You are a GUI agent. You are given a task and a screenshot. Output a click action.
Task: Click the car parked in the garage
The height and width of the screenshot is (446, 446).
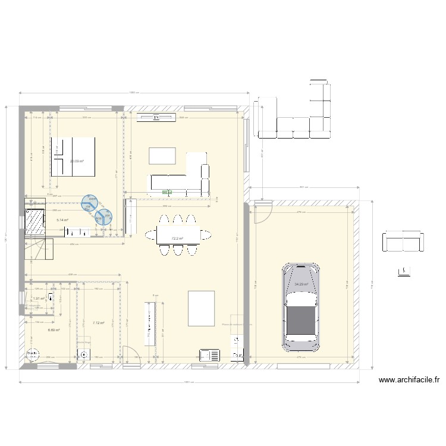[x=303, y=307]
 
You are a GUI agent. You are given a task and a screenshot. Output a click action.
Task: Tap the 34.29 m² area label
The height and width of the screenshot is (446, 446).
[x=302, y=284]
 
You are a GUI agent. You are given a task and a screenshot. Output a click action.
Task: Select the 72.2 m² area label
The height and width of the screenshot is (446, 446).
[x=177, y=239]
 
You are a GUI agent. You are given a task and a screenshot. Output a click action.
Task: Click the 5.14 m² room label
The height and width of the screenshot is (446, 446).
[x=62, y=220]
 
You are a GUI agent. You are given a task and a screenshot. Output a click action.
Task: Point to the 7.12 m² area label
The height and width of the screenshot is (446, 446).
[x=98, y=323]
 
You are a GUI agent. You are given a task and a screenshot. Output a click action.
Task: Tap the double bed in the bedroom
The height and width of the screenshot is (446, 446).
[x=73, y=156]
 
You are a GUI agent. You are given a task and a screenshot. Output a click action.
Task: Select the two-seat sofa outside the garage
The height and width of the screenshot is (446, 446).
[x=403, y=241]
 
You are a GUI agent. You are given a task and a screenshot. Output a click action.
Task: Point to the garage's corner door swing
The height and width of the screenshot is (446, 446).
[x=262, y=211]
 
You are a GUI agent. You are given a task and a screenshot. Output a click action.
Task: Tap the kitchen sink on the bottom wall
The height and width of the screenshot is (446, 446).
[x=211, y=356]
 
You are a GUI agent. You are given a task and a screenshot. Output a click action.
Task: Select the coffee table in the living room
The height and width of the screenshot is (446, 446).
[x=162, y=156]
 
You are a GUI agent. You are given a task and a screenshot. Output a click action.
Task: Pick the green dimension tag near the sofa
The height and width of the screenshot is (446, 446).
[x=166, y=192]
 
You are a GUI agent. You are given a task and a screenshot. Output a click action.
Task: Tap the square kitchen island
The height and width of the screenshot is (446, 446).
[x=200, y=308]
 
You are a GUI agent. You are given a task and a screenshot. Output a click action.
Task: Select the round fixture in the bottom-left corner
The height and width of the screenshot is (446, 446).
[x=30, y=356]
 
